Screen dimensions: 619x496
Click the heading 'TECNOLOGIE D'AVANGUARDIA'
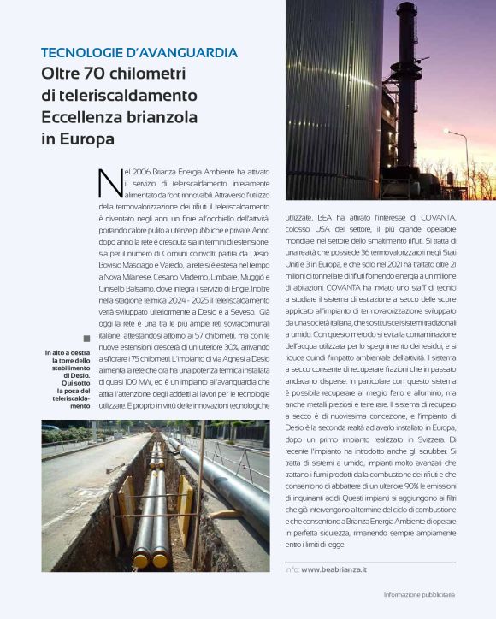pyautogui.click(x=139, y=53)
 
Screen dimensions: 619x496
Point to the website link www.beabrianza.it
pyautogui.click(x=334, y=568)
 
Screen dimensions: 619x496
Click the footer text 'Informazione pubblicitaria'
pyautogui.click(x=419, y=594)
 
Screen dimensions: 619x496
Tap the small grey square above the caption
pyautogui.click(x=86, y=338)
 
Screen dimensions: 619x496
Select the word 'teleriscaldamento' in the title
pyautogui.click(x=119, y=95)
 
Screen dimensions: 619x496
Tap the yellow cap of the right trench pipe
pyautogui.click(x=161, y=561)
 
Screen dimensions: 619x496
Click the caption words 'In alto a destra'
pyautogui.click(x=68, y=353)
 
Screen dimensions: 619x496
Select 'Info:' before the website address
pyautogui.click(x=292, y=568)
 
